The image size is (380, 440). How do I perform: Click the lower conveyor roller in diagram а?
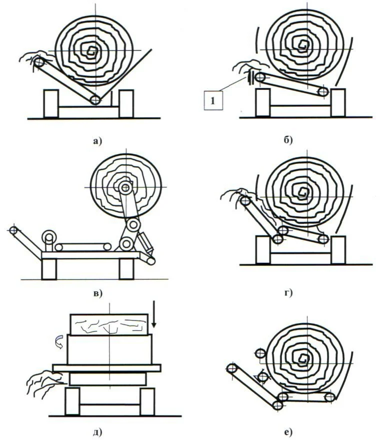(95, 100)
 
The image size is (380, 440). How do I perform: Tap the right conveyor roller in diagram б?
(323, 92)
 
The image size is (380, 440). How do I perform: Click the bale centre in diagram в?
(125, 187)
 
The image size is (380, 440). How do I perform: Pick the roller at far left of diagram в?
(13, 230)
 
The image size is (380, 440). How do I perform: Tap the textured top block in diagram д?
(109, 324)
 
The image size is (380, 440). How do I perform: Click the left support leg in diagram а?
(51, 103)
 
